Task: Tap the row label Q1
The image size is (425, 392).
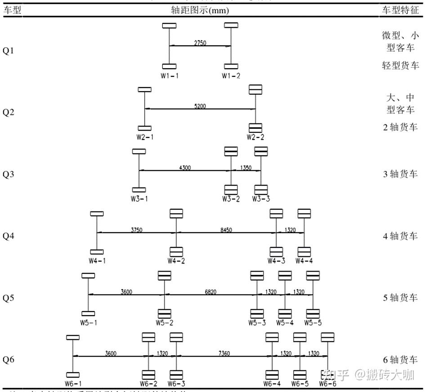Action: click(9, 51)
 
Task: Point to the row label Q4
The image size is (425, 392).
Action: click(9, 236)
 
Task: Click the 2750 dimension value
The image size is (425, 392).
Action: click(200, 43)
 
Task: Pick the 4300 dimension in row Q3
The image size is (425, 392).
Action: click(185, 168)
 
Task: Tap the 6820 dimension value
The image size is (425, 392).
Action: click(210, 291)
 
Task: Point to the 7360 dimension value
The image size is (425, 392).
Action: click(224, 353)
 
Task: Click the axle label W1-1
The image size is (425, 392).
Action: click(170, 75)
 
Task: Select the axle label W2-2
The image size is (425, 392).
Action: click(255, 137)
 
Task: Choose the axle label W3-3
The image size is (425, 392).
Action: click(261, 199)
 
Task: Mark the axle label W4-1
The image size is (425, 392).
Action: click(97, 260)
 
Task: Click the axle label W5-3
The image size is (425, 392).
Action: click(257, 322)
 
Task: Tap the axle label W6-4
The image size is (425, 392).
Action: click(272, 384)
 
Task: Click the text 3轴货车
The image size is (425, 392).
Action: click(400, 174)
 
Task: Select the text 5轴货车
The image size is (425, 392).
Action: click(400, 298)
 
